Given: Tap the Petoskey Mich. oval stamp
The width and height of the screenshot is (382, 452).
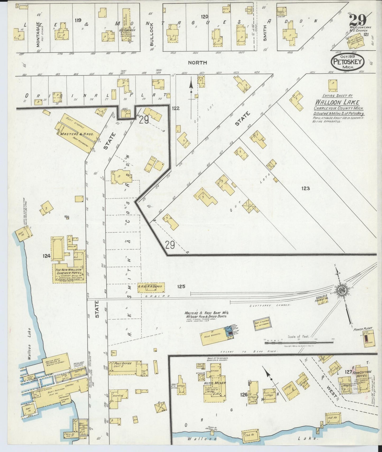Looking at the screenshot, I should [348, 62].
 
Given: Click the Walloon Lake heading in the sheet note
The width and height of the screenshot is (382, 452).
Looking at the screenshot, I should [337, 102].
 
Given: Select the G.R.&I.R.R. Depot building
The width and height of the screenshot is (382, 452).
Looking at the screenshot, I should [151, 288].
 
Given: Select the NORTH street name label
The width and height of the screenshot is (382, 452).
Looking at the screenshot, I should [197, 63].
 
